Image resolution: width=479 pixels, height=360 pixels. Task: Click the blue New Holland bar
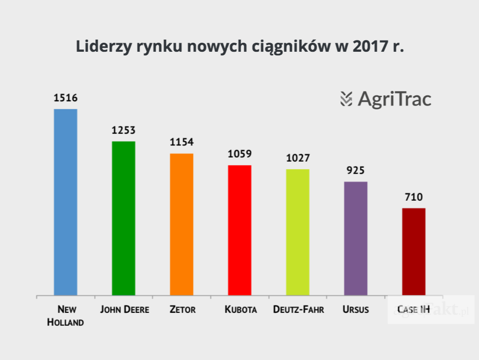point(66,202)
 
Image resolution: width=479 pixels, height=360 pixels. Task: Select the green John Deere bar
point(124,218)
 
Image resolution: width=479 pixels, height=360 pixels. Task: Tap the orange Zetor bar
point(181,224)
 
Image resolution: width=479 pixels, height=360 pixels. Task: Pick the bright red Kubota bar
point(240,230)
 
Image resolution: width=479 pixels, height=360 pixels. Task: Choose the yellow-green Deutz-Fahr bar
point(298,232)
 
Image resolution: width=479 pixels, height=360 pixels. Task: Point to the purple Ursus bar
point(356,238)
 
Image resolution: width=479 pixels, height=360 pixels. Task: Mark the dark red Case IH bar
point(414,252)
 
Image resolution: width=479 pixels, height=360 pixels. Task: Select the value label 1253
point(124,130)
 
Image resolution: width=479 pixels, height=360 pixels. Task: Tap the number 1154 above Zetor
point(181,142)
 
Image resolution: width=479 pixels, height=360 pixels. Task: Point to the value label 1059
point(240,154)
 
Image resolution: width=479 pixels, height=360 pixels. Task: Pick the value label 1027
point(298,158)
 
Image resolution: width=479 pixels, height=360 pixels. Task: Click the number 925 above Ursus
point(356,171)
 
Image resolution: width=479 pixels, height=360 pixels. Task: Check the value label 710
point(414,197)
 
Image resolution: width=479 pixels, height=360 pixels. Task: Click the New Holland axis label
point(66,316)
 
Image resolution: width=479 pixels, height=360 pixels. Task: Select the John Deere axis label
point(124,310)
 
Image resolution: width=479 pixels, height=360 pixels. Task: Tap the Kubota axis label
point(241,310)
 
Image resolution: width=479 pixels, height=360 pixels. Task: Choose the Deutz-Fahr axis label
point(299,310)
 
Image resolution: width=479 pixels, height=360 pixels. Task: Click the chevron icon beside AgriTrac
point(346,99)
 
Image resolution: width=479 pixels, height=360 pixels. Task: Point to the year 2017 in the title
point(367,47)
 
